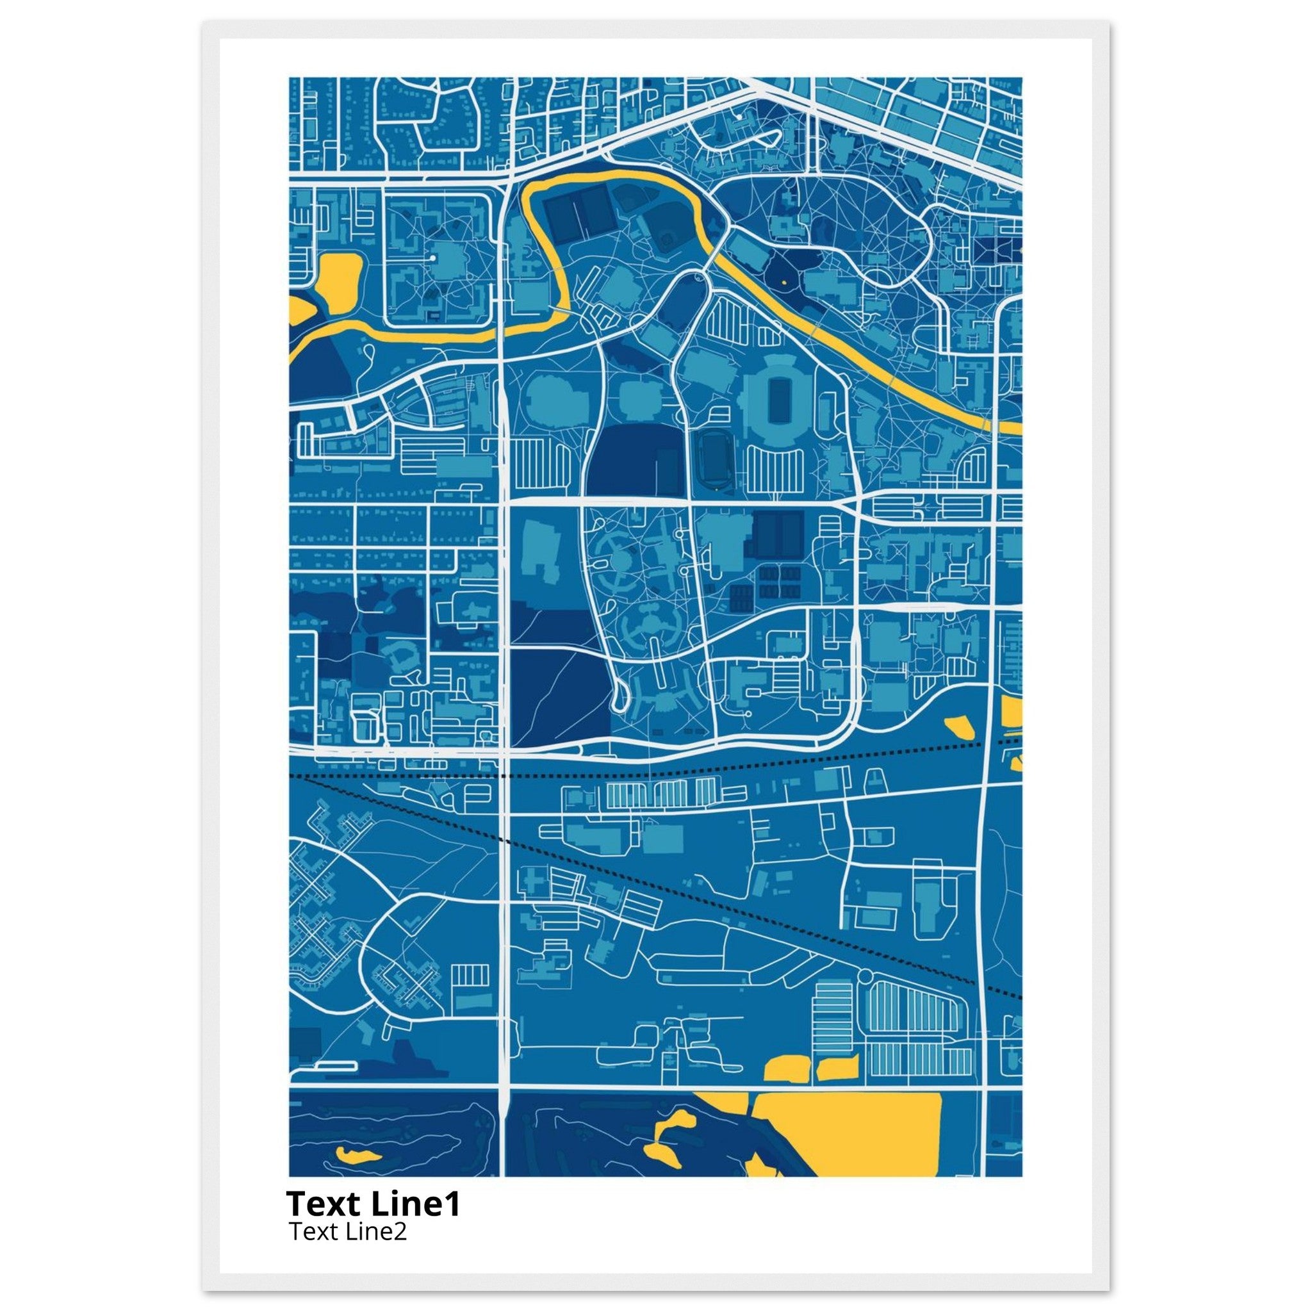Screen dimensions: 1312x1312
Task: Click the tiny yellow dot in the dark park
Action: (x=783, y=281)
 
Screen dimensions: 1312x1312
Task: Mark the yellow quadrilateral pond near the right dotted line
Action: (x=958, y=726)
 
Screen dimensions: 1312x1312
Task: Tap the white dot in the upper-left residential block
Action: (x=432, y=259)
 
